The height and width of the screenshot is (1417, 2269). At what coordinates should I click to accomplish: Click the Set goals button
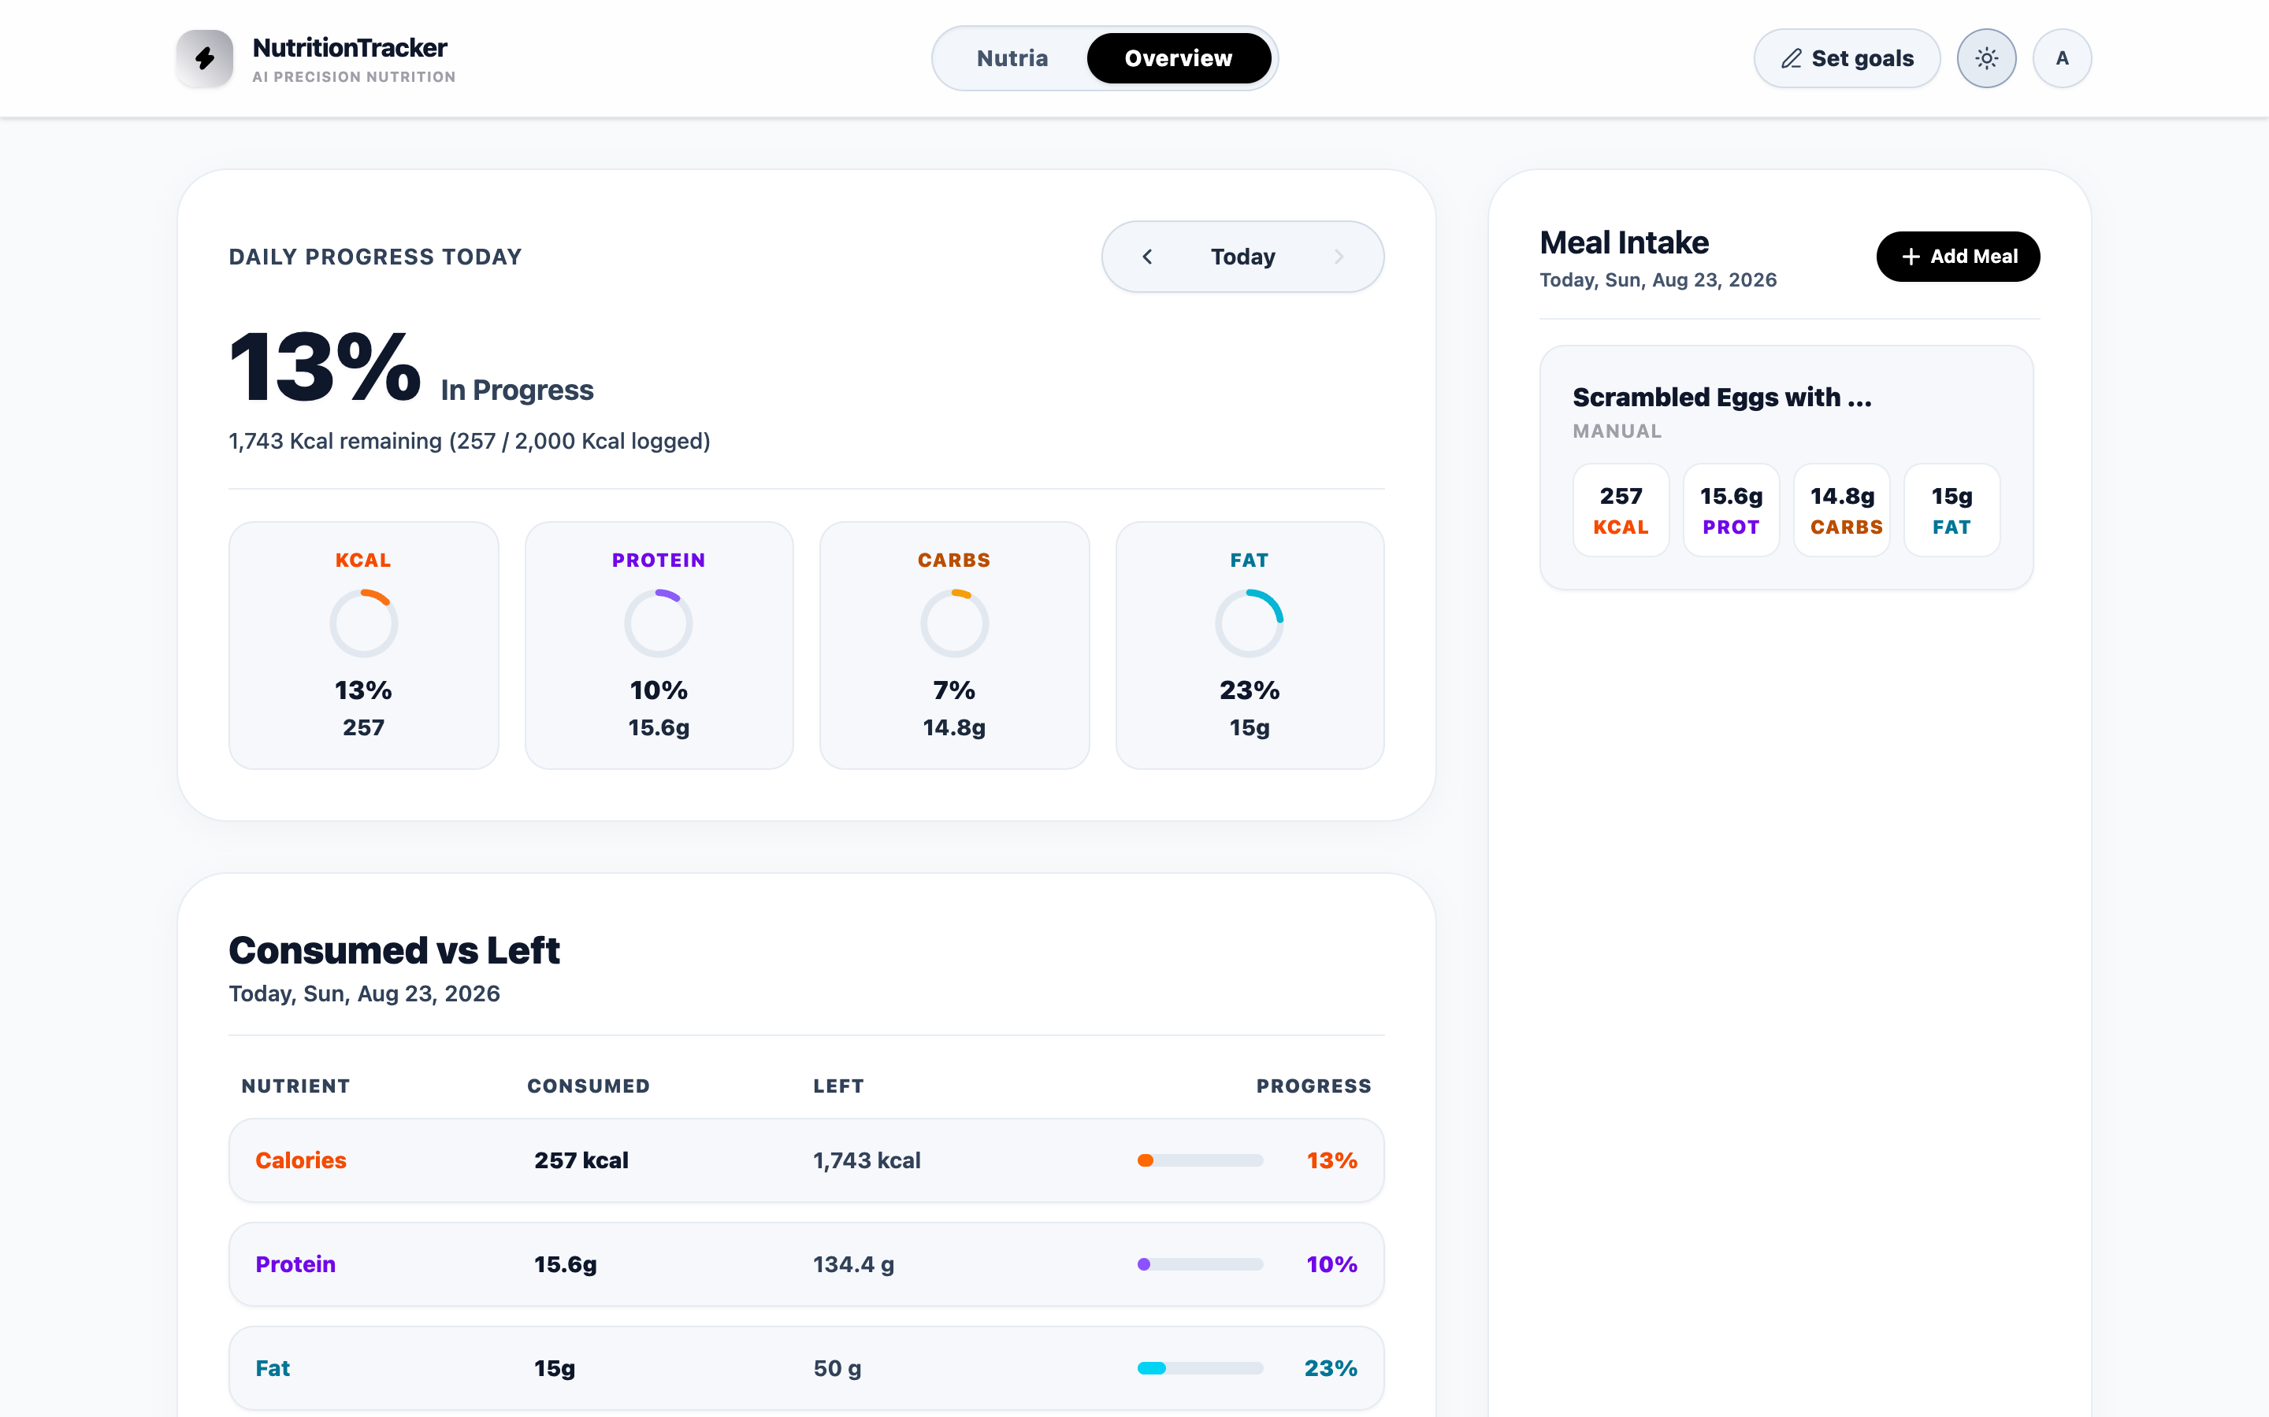[1846, 58]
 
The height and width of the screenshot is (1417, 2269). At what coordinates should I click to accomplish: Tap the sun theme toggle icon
[1986, 58]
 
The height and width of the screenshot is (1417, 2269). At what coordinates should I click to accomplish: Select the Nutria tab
[1012, 58]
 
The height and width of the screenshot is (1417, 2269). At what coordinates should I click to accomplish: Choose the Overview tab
[1179, 58]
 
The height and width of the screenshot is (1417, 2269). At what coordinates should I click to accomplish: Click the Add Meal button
[1958, 256]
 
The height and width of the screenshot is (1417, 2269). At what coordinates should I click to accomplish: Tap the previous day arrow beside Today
[1146, 257]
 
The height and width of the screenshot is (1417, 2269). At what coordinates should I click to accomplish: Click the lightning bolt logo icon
[204, 58]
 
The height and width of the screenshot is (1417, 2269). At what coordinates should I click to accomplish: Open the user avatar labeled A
[2062, 58]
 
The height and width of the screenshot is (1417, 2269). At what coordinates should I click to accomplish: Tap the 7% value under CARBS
[953, 690]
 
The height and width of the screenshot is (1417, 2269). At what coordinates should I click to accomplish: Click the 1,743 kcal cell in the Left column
[867, 1160]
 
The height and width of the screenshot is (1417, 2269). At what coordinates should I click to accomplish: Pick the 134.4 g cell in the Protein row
[853, 1264]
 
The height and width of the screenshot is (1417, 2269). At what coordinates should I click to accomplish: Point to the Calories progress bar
[1200, 1160]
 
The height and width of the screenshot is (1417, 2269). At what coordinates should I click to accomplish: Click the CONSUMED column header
[588, 1086]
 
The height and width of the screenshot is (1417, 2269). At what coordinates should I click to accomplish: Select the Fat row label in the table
[272, 1368]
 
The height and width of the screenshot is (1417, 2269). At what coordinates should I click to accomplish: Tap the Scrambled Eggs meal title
[1721, 398]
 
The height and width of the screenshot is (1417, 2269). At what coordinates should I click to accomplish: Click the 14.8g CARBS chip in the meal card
[1841, 511]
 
